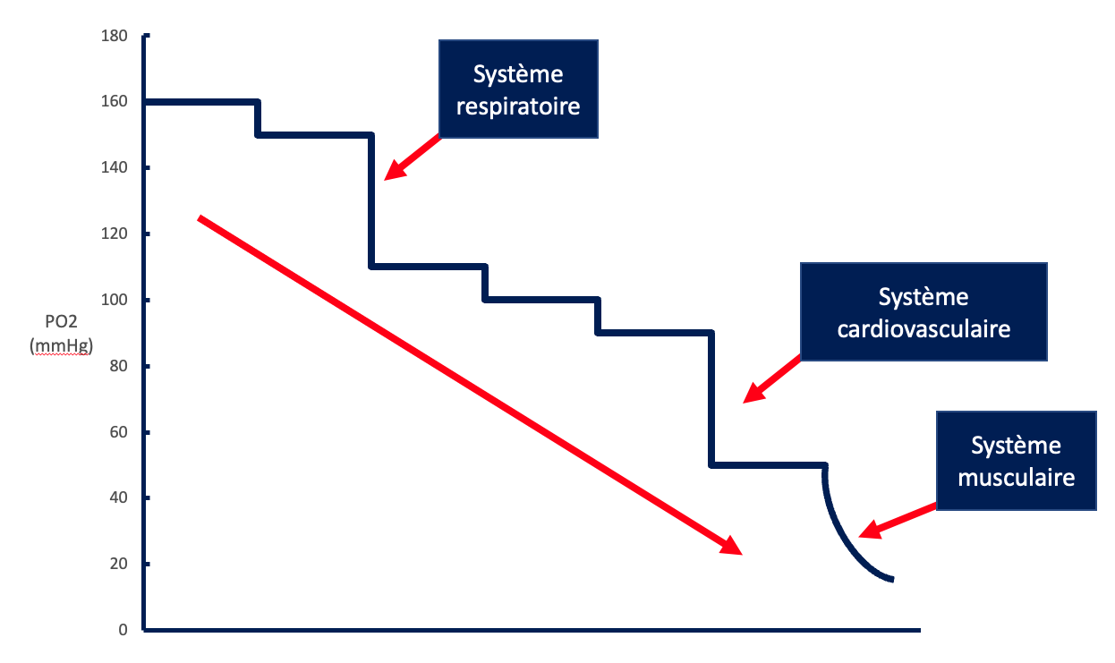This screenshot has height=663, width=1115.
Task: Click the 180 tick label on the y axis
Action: point(116,37)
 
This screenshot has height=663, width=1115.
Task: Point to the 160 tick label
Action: point(116,102)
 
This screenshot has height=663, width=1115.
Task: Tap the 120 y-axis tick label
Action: point(116,234)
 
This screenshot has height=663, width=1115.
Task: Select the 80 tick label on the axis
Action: point(120,366)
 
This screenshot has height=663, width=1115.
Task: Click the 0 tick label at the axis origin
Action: point(123,630)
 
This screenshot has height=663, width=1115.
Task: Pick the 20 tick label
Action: point(120,564)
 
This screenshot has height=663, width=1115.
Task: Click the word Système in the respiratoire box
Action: point(517,74)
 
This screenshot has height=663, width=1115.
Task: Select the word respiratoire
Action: point(517,106)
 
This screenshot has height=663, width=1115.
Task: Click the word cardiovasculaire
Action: point(923,328)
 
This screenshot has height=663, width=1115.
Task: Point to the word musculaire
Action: point(1016,477)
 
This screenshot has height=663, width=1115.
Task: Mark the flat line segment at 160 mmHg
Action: point(201,102)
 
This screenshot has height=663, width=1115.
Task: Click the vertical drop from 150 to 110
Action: point(371,201)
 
